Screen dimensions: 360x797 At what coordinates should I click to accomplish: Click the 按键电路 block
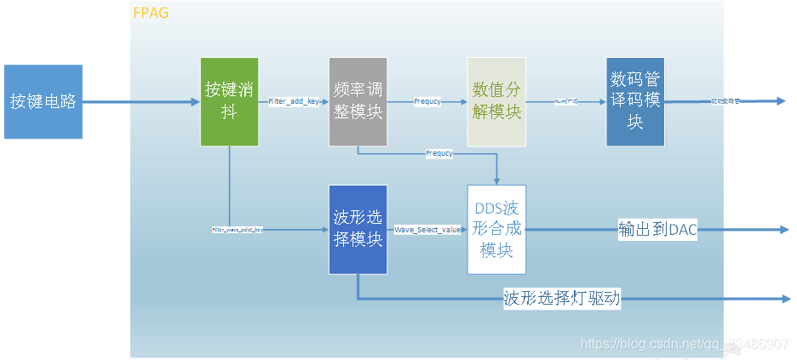coord(43,101)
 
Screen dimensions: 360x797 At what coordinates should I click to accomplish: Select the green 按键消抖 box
coord(228,101)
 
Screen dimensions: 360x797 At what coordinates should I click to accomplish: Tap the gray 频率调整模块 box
coord(358,101)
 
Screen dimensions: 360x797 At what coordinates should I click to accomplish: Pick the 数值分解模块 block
coord(496,101)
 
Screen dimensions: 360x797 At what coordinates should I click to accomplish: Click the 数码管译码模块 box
coord(635,101)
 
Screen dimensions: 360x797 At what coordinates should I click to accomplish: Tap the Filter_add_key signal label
coord(294,101)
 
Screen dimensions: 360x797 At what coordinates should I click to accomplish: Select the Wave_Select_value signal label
coord(427,230)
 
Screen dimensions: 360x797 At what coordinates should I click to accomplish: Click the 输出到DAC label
coord(657,230)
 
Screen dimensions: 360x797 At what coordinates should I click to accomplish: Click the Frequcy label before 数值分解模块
coord(427,101)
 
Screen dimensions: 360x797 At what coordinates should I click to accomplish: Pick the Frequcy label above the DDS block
coord(439,154)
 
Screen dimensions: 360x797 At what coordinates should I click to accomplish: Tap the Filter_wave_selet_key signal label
coord(238,230)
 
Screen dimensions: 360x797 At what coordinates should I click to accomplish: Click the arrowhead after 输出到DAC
coord(784,230)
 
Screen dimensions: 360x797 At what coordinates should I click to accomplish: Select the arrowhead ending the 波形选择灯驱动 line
coord(784,299)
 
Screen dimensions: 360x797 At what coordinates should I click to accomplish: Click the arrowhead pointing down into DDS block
coord(496,180)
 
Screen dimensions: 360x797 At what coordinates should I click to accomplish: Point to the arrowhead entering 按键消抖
coord(194,101)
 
